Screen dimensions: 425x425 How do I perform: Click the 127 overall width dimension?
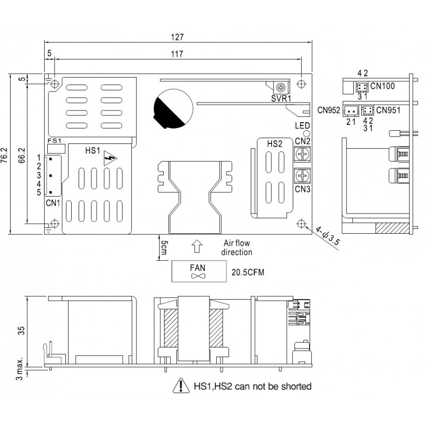[x=178, y=37]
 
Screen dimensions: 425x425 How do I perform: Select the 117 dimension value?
[x=178, y=54]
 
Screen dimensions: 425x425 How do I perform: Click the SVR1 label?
[x=280, y=99]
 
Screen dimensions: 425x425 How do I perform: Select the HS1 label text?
[x=92, y=150]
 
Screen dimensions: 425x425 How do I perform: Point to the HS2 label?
[x=275, y=144]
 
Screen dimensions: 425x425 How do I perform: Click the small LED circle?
[x=306, y=134]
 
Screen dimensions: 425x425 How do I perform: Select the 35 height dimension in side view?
[x=22, y=330]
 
